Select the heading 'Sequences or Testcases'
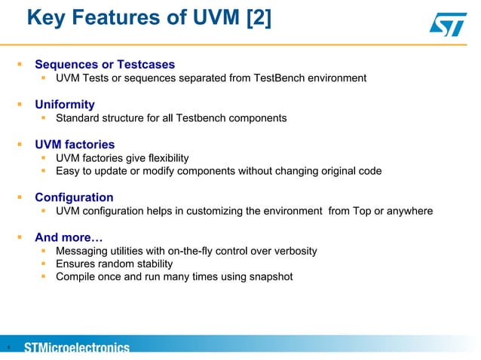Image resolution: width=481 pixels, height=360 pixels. [x=105, y=65]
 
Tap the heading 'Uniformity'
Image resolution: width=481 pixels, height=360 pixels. [x=65, y=105]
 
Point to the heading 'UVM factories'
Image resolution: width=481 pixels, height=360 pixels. [x=75, y=145]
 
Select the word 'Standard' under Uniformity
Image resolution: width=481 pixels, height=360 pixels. [x=79, y=118]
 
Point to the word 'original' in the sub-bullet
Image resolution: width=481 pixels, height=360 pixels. [x=332, y=171]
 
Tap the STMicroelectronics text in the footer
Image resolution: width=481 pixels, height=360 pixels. [x=77, y=348]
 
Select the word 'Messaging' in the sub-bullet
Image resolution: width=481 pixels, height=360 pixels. [x=83, y=251]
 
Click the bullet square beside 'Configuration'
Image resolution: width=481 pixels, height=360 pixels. [x=21, y=198]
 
